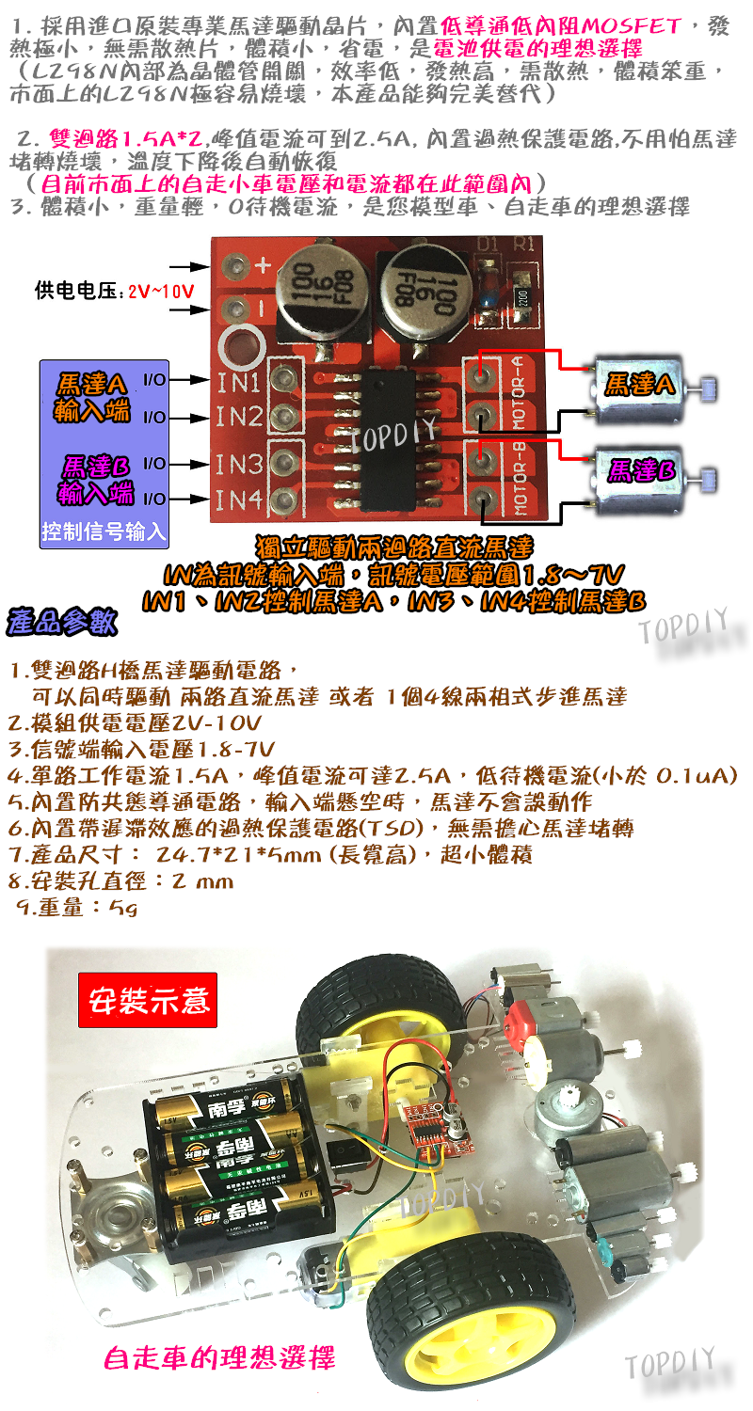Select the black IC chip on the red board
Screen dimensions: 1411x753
395,442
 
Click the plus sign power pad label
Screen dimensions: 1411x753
263,266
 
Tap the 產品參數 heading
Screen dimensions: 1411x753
62,622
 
